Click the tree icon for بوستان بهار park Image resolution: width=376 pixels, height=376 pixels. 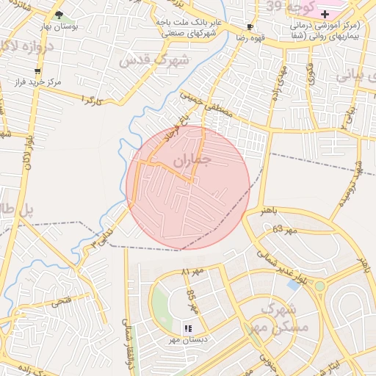[x=59, y=15]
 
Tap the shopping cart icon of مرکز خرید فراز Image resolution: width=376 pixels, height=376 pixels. [x=37, y=71]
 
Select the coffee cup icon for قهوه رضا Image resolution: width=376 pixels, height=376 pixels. [x=250, y=26]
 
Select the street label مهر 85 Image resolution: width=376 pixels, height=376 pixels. [x=193, y=300]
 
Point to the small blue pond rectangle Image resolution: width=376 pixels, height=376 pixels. [x=294, y=283]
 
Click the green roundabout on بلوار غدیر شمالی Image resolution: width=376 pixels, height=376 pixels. [x=320, y=286]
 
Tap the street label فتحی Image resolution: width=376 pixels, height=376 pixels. [x=60, y=301]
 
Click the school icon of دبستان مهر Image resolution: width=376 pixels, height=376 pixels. [x=188, y=328]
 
